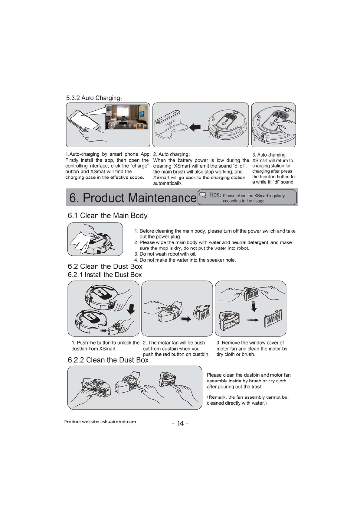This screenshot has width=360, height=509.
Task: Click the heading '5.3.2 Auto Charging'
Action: [x=94, y=98]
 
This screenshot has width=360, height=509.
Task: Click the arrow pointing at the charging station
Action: [x=196, y=128]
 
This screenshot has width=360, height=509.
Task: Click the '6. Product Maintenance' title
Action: [x=133, y=198]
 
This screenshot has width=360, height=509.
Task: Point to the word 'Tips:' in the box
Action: [x=214, y=195]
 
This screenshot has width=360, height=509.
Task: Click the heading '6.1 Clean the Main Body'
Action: [x=107, y=216]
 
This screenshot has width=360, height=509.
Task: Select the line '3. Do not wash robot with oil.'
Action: [x=165, y=254]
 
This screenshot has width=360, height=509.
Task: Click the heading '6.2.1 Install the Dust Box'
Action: [x=105, y=275]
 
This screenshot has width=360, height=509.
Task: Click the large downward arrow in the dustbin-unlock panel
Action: [x=131, y=309]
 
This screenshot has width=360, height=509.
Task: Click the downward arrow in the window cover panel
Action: [x=254, y=306]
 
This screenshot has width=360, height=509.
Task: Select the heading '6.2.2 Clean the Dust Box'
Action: [x=108, y=360]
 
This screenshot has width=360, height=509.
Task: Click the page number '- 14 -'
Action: [x=180, y=423]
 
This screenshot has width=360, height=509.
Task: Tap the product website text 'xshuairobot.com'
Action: [x=118, y=422]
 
